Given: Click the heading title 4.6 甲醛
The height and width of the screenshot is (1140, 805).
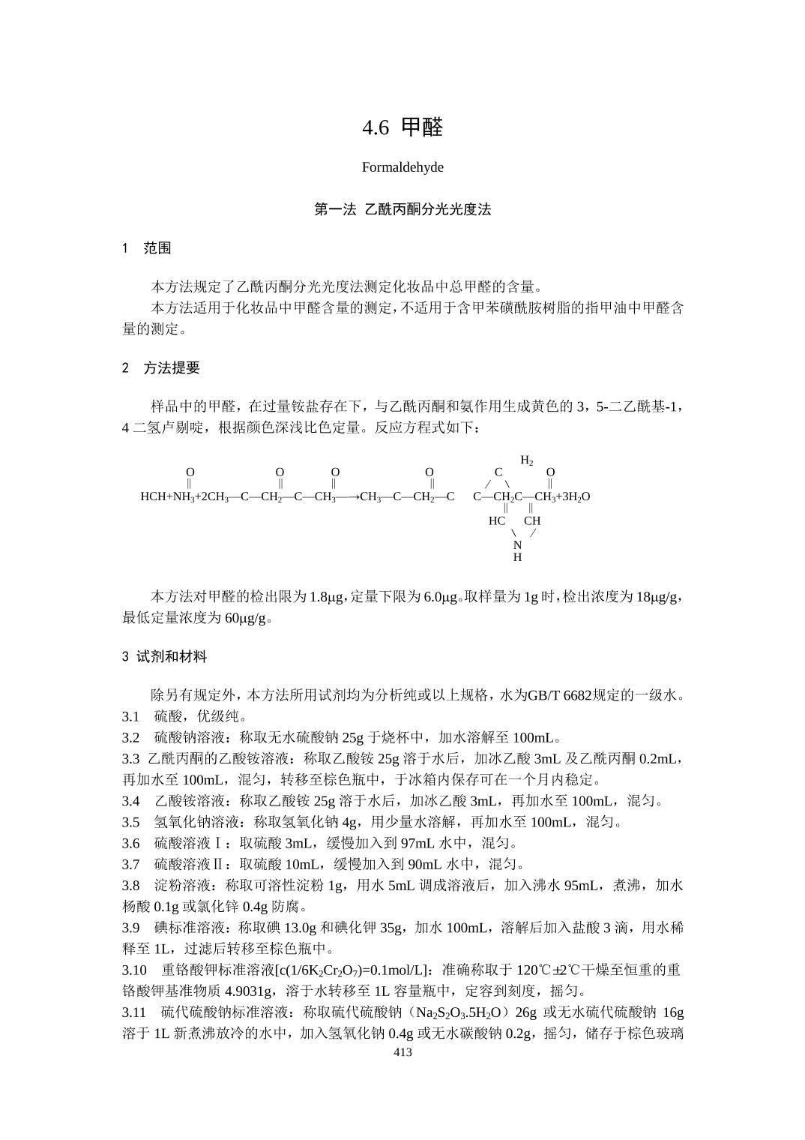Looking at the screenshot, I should (402, 127).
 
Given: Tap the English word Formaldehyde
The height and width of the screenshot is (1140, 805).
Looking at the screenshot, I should (402, 167).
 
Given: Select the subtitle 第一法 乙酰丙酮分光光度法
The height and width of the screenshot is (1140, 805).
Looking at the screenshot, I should (402, 210).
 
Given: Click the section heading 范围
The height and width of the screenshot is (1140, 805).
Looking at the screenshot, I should (157, 248).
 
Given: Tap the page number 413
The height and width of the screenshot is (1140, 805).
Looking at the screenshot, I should (402, 1052).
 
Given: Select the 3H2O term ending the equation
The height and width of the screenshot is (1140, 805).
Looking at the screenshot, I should (575, 496).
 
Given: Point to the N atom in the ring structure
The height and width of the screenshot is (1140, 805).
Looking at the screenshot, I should (517, 545).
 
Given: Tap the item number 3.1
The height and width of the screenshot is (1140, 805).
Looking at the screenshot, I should (131, 716).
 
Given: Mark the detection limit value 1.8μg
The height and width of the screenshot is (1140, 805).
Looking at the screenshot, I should (327, 597).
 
